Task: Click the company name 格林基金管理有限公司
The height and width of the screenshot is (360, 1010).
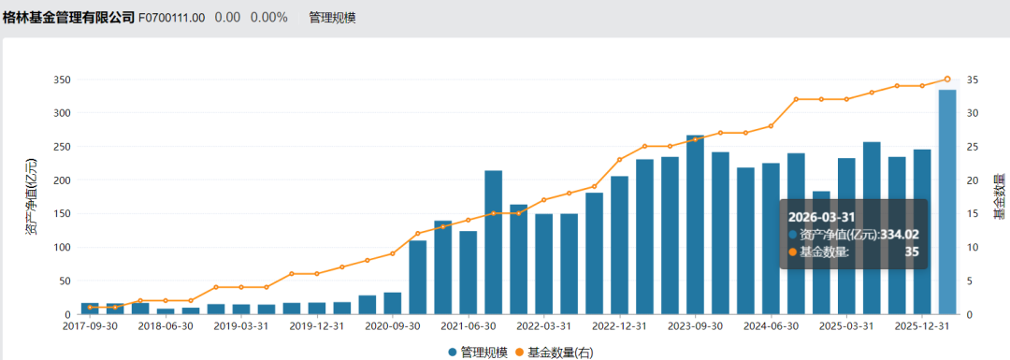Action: pos(67,18)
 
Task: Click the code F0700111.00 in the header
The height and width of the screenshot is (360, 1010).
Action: pos(172,18)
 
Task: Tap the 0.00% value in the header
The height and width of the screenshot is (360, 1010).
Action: pos(268,18)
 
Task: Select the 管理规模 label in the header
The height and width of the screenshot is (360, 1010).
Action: pos(332,18)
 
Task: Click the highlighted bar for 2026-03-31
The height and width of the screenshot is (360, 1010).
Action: pos(947,202)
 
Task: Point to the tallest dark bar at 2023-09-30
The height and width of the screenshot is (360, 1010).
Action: pos(695,224)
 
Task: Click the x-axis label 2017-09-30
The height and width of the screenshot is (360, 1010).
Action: pos(90,326)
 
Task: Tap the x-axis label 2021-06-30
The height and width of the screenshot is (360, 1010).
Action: pos(468,326)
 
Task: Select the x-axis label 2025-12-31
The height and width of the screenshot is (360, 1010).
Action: pos(921,326)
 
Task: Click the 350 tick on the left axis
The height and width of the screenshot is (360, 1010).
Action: pos(61,79)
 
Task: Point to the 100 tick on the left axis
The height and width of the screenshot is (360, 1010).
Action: pos(61,247)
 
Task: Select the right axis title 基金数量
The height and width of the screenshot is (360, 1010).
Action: pos(999,196)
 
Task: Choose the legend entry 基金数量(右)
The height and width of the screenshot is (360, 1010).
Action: pos(559,353)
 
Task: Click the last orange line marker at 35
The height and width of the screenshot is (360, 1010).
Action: pos(947,79)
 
